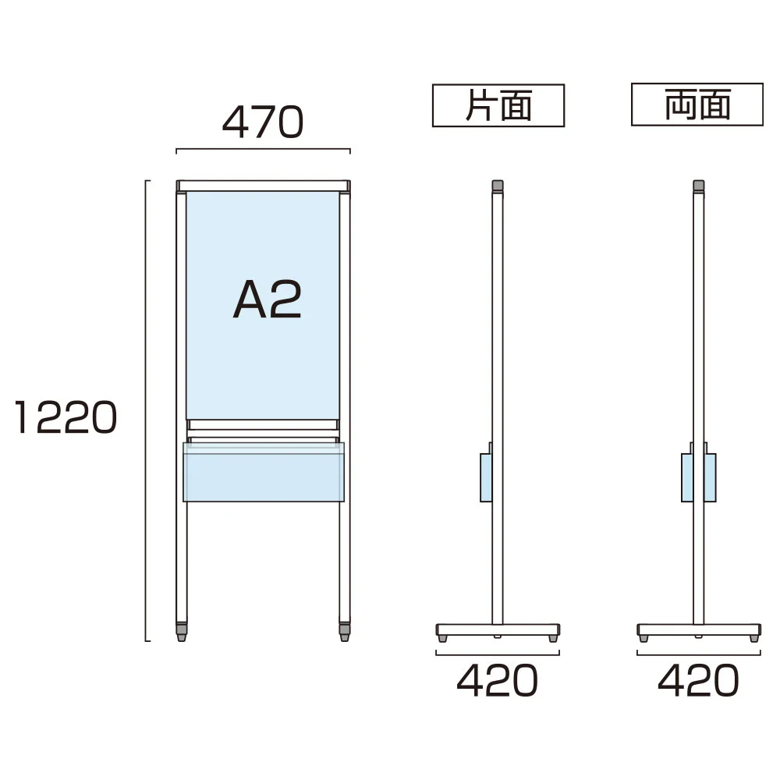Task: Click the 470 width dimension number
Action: pos(263,122)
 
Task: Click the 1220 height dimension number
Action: pos(66,417)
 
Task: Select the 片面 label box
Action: pos(498,105)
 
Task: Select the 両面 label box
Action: pos(697,105)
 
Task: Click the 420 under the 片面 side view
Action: pos(497,680)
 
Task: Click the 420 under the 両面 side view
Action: pos(698,680)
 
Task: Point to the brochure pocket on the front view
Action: pos(264,472)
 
